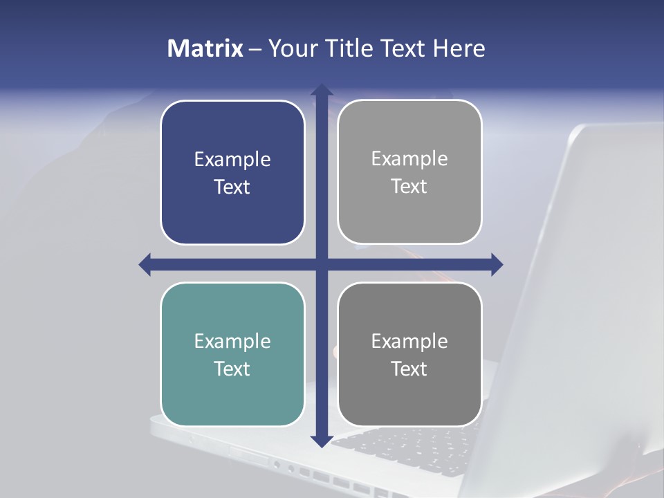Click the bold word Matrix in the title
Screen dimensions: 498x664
click(x=205, y=48)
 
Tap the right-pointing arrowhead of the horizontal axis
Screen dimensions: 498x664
click(x=496, y=264)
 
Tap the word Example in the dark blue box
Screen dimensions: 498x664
click(x=232, y=160)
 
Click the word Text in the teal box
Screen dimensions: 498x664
click(x=232, y=369)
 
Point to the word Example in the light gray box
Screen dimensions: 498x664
click(x=409, y=159)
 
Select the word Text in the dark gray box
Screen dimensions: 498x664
click(x=409, y=369)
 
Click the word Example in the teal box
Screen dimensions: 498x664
click(x=232, y=342)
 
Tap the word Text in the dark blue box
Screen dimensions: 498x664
click(x=232, y=187)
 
